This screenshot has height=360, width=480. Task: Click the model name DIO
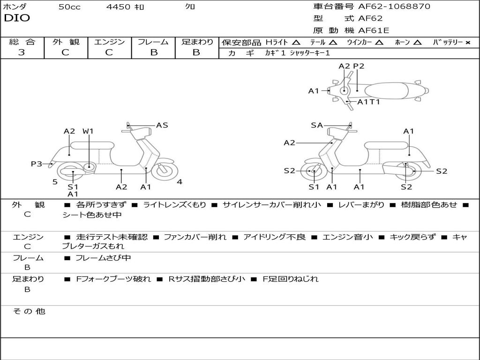17,18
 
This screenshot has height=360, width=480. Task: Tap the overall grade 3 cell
22,52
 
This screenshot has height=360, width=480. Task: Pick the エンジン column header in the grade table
109,42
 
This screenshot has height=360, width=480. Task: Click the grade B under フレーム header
153,52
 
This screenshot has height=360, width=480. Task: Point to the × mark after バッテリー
467,42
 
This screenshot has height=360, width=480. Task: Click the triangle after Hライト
296,42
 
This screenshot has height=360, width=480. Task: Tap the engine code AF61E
374,31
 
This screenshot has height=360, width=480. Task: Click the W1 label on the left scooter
88,131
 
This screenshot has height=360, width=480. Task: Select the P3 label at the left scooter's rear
37,164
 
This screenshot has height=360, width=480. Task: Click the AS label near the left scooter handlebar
162,125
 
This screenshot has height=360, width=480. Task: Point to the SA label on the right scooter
317,125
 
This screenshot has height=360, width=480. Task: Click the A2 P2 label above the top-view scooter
351,66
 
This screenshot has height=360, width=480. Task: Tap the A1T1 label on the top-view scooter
368,102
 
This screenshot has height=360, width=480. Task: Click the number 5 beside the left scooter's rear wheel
55,182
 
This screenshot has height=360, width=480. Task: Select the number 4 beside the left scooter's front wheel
180,182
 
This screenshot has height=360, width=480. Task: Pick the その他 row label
29,311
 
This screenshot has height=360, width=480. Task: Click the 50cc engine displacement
69,7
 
